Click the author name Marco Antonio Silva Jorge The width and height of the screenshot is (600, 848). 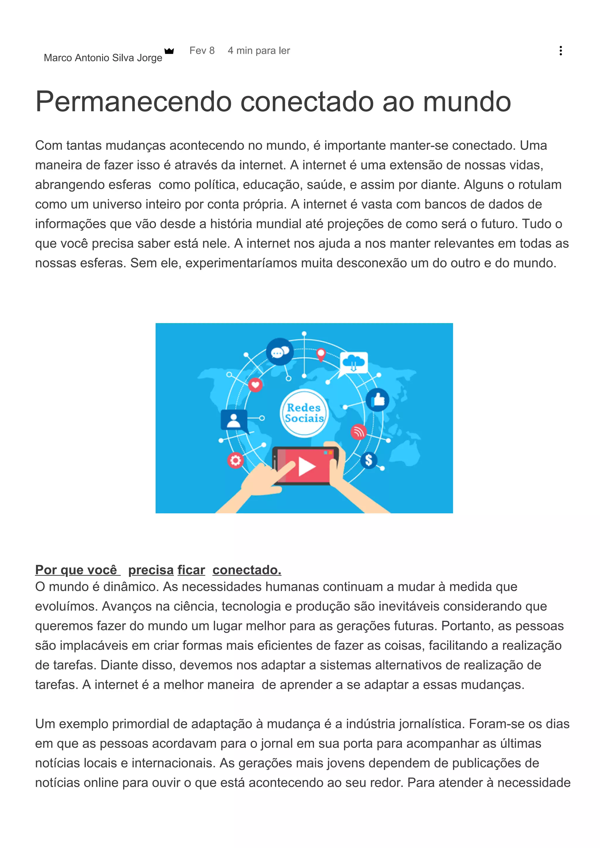[x=103, y=58]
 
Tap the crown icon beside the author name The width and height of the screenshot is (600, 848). [x=169, y=51]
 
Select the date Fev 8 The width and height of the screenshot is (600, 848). [x=202, y=51]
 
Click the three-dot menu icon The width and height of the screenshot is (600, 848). [x=560, y=51]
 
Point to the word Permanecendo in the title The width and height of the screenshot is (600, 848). [x=133, y=102]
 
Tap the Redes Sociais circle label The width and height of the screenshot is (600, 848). [x=304, y=413]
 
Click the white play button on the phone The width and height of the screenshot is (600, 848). [x=306, y=466]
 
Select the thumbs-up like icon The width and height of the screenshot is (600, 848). [x=377, y=400]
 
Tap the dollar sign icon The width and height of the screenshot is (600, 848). [x=369, y=460]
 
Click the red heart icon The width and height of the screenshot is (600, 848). [x=255, y=385]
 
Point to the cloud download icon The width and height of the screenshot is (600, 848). [x=353, y=362]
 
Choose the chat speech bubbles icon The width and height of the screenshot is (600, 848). [x=280, y=352]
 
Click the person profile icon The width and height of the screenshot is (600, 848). [x=233, y=420]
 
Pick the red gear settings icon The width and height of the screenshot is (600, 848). [x=236, y=460]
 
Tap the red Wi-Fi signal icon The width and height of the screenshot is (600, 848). [x=358, y=431]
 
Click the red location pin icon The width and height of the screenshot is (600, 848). [x=321, y=354]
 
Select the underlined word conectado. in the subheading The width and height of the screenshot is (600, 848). [x=247, y=570]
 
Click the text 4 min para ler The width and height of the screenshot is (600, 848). [x=259, y=51]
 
